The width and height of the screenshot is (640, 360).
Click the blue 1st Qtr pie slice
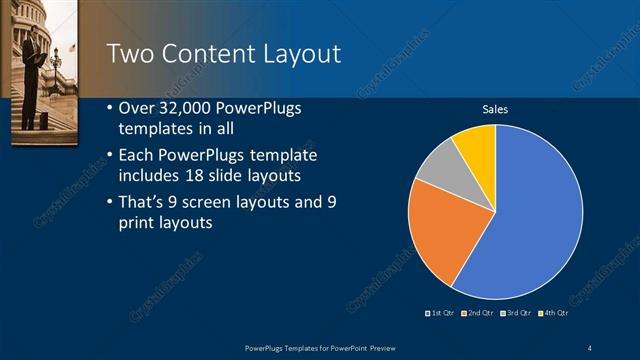pos(530,220)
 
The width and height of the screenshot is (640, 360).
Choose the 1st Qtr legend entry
pos(441,313)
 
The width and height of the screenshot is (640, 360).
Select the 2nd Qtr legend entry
pos(479,313)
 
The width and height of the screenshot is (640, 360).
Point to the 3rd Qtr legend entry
pos(516,313)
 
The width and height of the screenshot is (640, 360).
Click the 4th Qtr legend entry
pos(553,313)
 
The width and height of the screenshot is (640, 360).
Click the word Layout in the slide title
pos(296,54)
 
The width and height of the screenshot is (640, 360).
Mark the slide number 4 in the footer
pos(589,346)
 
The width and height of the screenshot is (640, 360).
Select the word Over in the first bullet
pos(138,108)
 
